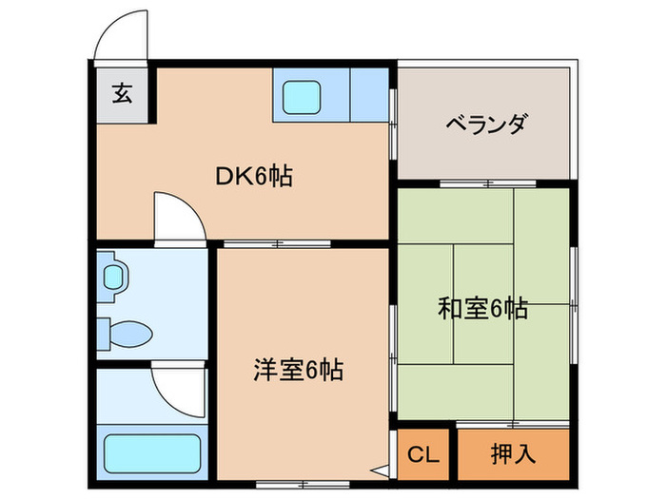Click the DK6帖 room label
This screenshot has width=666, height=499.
pos(252,176)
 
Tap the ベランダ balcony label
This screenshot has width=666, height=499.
pos(485,125)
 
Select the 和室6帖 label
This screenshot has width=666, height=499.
pos(482,309)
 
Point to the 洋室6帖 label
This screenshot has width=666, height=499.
pos(299,367)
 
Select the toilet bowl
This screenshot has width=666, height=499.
pos(128,335)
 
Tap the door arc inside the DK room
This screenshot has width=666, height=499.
pos(178,217)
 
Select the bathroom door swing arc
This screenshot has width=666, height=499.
pos(181,390)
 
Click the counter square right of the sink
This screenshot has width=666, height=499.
pos(368,95)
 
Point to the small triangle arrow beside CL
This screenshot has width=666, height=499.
pos(382,468)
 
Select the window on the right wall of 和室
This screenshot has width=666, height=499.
pos(574,304)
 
